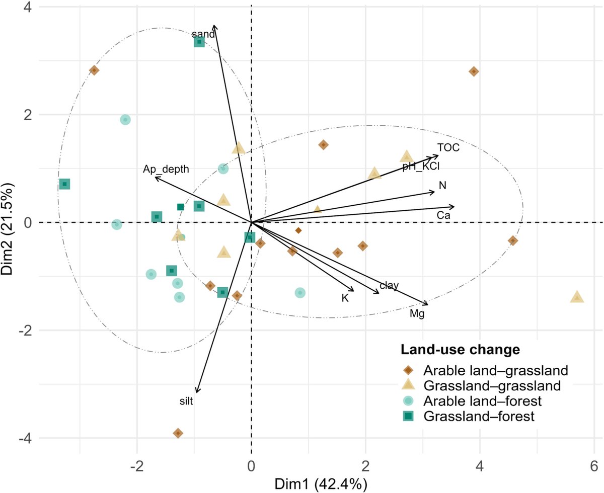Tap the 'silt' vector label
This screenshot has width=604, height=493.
click(186, 401)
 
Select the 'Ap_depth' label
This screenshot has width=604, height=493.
click(166, 170)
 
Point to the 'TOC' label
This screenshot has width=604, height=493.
click(448, 147)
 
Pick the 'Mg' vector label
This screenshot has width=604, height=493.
click(417, 314)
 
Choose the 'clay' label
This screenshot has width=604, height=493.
click(389, 286)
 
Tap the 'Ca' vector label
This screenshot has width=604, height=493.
click(443, 215)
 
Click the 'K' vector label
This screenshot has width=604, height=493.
click(345, 298)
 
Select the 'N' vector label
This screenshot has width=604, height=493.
click(442, 186)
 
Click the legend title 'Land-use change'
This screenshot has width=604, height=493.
click(460, 349)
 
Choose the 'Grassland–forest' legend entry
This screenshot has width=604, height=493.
click(478, 416)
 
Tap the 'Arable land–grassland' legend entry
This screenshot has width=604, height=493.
click(496, 371)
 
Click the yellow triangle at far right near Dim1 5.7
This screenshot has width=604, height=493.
click(577, 297)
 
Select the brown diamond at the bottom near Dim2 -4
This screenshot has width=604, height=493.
click(178, 433)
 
